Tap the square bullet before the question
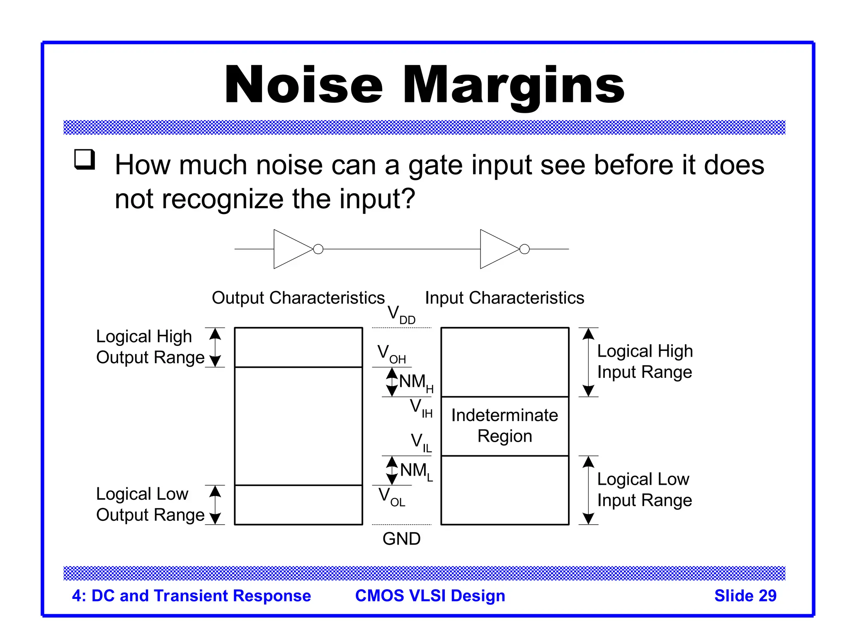(85, 159)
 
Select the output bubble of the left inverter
(318, 249)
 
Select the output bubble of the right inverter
(524, 249)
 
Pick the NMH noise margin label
(416, 382)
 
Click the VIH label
(421, 408)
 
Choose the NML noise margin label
(416, 472)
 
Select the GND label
(401, 539)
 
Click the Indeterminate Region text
(505, 425)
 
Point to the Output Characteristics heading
(298, 298)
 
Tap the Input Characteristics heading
(505, 298)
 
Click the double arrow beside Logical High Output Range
(215, 347)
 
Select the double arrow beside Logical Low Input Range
(588, 490)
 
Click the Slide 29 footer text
(745, 596)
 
